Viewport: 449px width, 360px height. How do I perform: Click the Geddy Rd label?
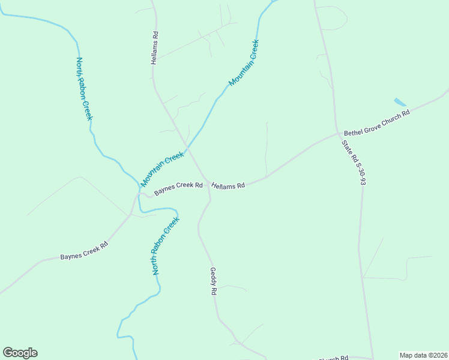213,281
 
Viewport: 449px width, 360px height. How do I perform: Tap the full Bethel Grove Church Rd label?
376,122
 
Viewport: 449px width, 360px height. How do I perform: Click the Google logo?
20,353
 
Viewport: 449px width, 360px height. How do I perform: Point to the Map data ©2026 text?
423,355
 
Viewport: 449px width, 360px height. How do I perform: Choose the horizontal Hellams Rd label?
228,186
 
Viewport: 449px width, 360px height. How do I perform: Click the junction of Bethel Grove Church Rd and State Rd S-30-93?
338,134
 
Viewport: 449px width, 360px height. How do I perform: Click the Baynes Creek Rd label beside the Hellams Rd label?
178,189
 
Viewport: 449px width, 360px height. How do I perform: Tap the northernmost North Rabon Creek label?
83,89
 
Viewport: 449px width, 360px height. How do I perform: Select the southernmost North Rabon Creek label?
166,247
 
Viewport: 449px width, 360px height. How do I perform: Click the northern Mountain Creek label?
244,63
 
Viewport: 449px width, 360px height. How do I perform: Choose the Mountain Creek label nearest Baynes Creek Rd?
162,169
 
